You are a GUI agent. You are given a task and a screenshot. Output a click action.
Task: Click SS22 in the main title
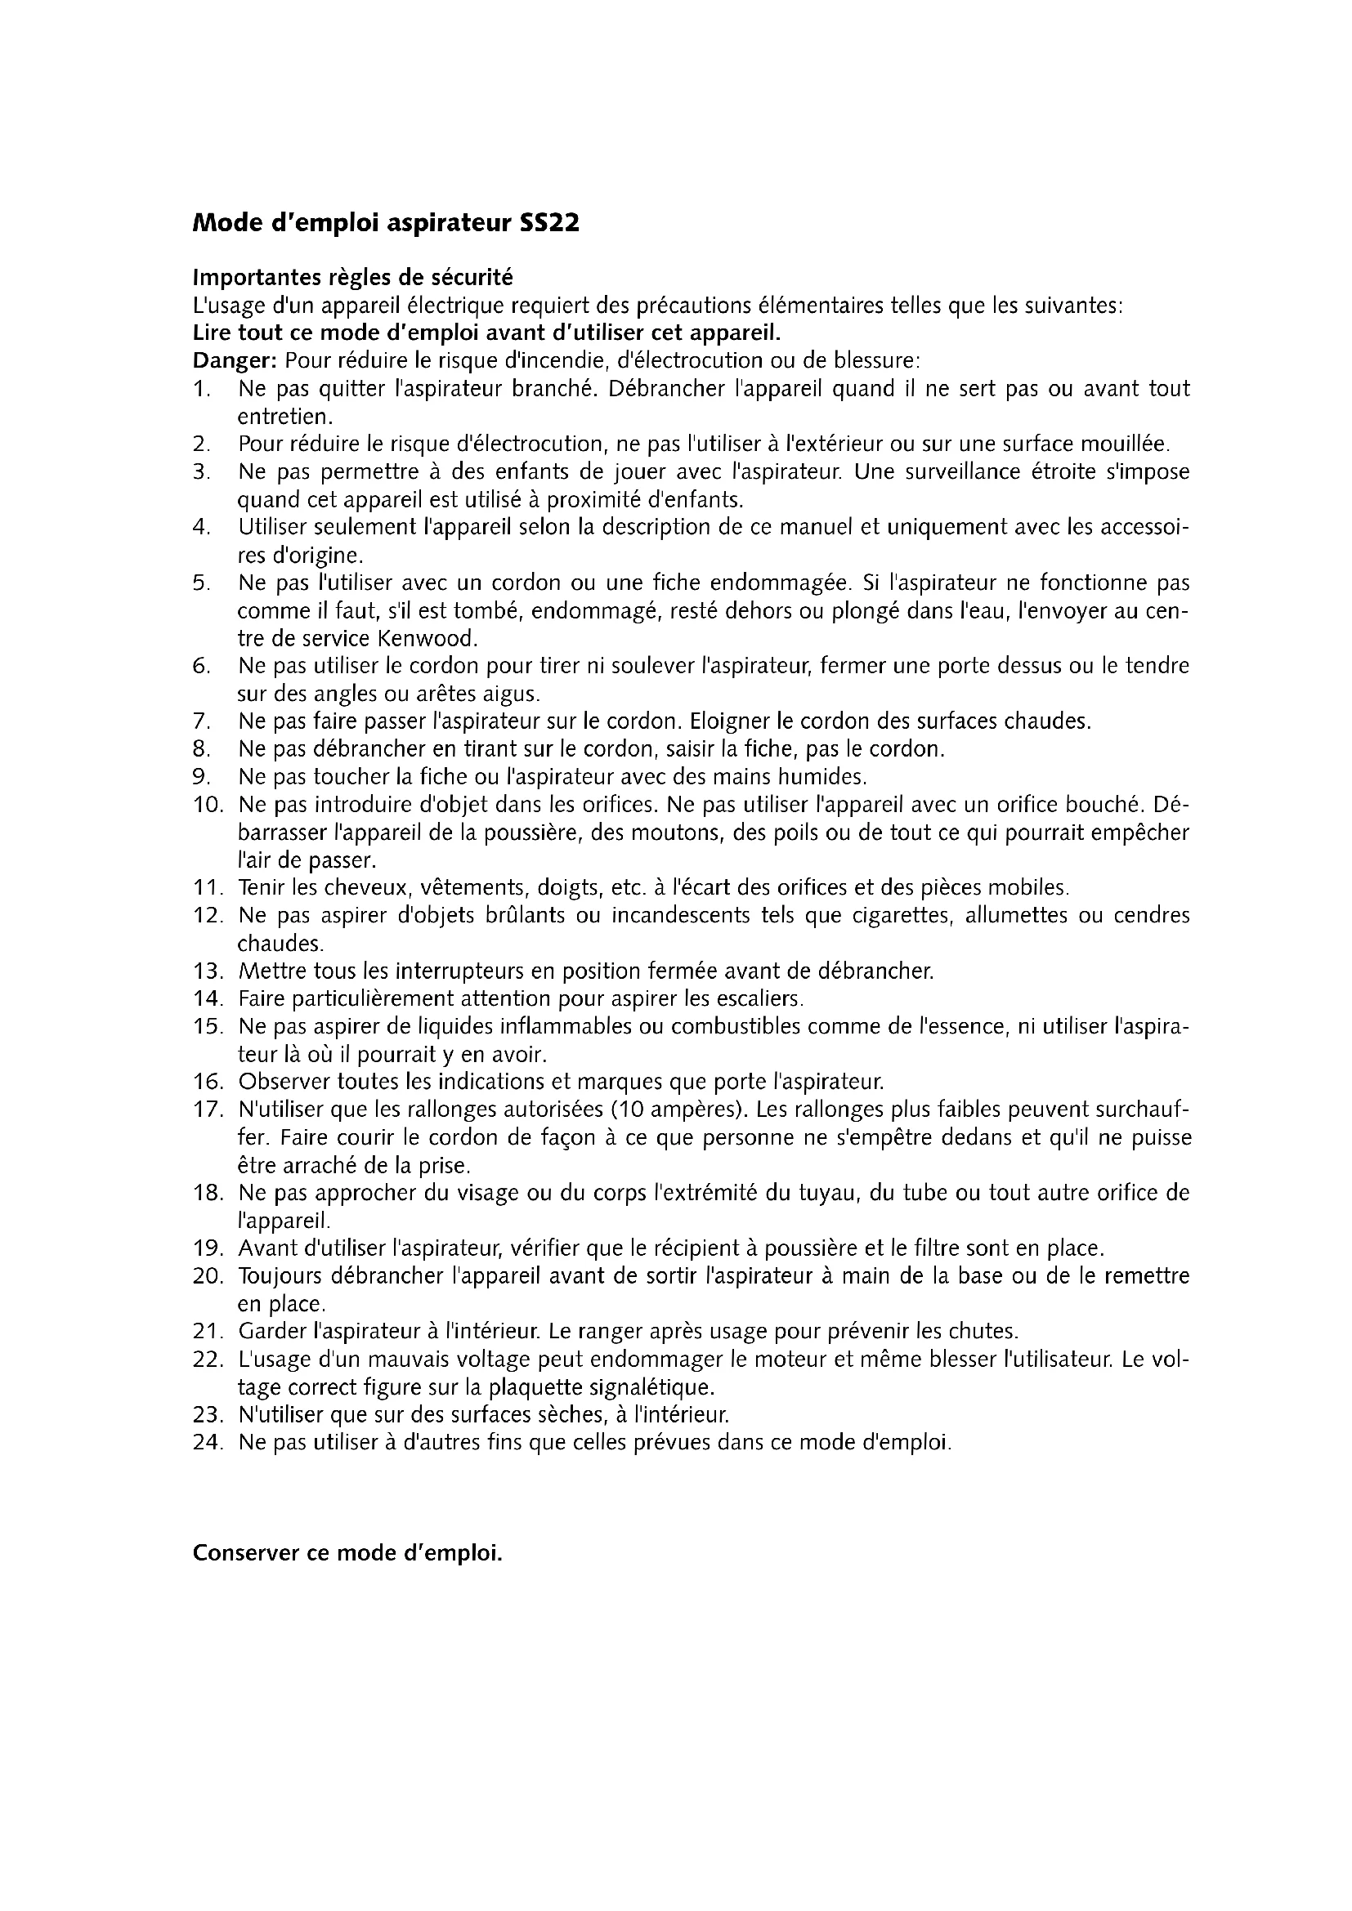548,224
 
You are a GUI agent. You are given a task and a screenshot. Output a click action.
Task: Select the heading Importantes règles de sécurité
353,277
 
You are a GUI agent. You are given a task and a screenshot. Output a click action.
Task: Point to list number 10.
208,805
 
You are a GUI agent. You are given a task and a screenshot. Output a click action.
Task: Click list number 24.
208,1442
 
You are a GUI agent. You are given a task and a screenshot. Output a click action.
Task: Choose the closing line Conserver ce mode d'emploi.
348,1553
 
